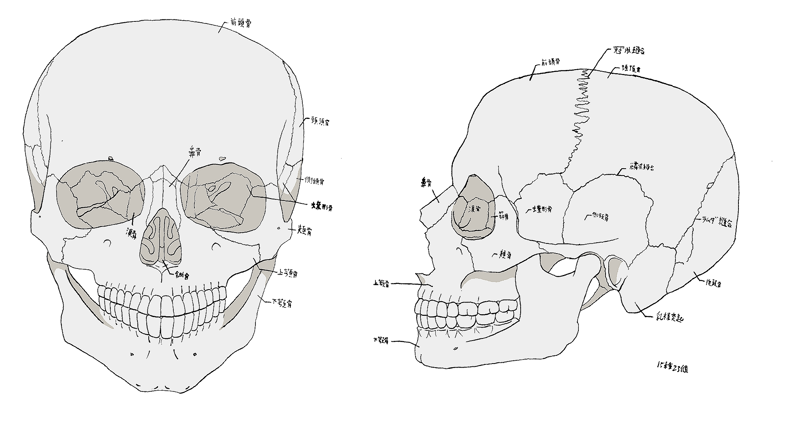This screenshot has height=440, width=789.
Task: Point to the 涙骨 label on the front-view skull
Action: [131, 234]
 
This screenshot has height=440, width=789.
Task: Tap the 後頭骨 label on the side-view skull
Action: [713, 283]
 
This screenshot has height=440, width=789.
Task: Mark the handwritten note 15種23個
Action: [672, 368]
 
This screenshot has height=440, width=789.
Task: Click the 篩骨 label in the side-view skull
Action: [503, 217]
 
